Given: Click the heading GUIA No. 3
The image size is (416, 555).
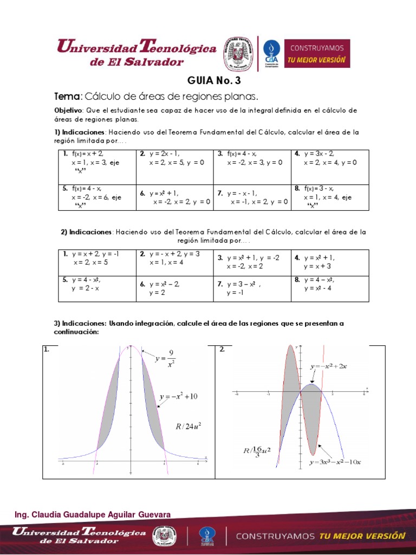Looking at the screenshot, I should [213, 81].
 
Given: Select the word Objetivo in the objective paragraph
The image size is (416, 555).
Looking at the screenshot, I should [68, 110].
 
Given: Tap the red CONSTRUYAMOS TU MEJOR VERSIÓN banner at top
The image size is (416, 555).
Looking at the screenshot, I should [318, 53].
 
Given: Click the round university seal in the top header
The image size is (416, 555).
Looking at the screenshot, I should [239, 54].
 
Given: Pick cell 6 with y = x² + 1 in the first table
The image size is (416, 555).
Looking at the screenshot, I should [174, 197].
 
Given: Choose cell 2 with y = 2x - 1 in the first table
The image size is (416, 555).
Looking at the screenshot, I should [174, 158].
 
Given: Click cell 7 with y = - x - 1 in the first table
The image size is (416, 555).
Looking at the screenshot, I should [252, 197].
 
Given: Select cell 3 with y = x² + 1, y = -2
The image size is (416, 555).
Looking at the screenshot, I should [252, 262].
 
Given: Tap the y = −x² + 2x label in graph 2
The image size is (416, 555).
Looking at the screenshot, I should [328, 366].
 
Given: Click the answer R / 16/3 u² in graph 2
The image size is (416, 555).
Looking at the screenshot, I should [257, 451].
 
